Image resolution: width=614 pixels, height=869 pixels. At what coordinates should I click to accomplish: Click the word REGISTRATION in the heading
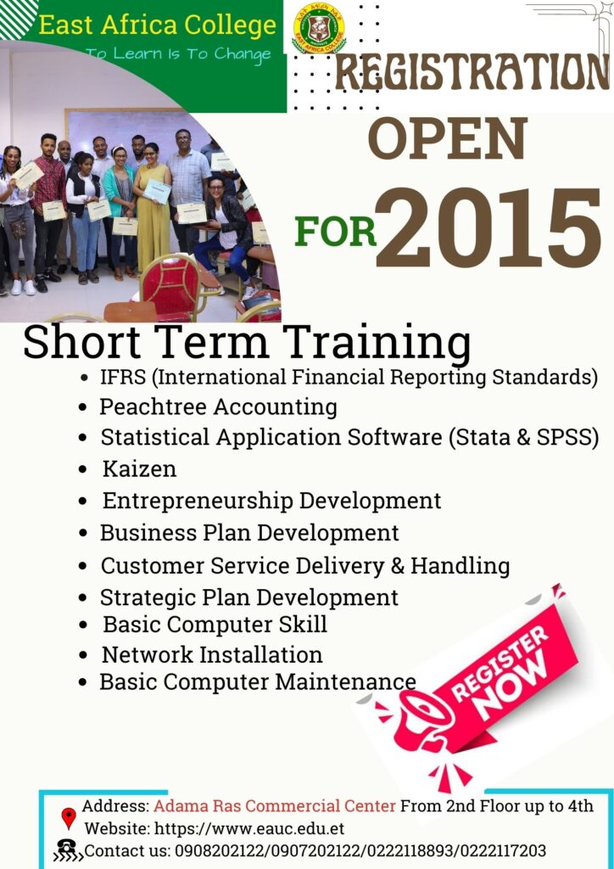coord(472,73)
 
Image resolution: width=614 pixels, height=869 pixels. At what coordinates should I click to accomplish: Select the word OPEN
coord(447,138)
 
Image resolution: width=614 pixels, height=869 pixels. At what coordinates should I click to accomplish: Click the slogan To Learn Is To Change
coord(179,53)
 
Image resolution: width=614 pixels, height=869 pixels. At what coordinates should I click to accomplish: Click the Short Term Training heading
coord(247,342)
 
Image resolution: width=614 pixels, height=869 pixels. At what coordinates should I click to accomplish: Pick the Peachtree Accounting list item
coord(218,407)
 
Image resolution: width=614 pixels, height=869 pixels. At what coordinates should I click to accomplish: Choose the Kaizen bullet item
coord(139,468)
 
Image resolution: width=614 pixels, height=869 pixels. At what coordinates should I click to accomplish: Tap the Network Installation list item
coord(212,654)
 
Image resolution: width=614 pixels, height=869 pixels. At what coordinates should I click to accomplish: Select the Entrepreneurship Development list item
coord(271,501)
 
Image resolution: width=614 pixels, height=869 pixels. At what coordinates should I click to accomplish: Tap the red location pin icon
coord(69,818)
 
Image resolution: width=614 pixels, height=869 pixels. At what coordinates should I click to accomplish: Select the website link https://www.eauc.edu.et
coord(249,828)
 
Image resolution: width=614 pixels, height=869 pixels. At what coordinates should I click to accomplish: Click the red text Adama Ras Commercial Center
coord(275,806)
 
